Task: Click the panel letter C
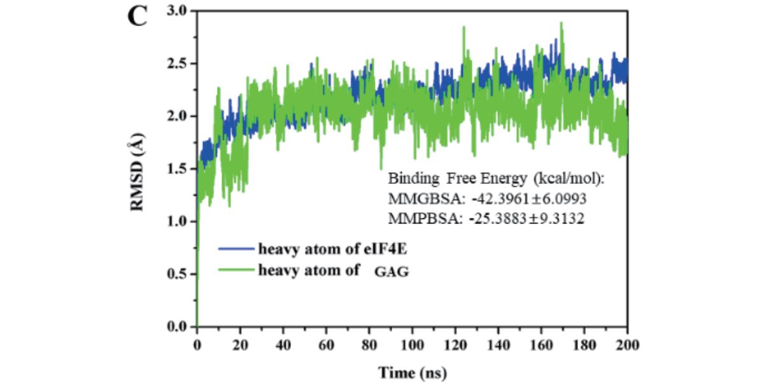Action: (138, 17)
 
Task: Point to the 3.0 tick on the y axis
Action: (178, 11)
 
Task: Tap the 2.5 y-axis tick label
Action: (178, 64)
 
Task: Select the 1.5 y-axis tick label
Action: (178, 169)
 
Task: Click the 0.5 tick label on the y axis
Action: (178, 274)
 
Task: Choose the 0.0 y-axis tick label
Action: (178, 327)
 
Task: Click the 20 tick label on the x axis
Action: (240, 345)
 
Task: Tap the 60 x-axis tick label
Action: (327, 345)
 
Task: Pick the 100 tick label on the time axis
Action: (413, 345)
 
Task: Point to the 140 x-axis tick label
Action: (499, 345)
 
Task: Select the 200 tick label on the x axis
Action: (628, 345)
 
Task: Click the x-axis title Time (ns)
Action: (413, 372)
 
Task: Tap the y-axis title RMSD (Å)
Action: (137, 173)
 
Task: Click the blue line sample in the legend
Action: (236, 249)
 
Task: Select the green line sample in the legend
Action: (236, 270)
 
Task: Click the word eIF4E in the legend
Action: (385, 249)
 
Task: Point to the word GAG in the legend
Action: (392, 272)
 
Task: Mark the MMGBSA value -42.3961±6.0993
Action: (529, 199)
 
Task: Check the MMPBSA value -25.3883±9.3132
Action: (527, 218)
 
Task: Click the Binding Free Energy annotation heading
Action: (496, 178)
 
